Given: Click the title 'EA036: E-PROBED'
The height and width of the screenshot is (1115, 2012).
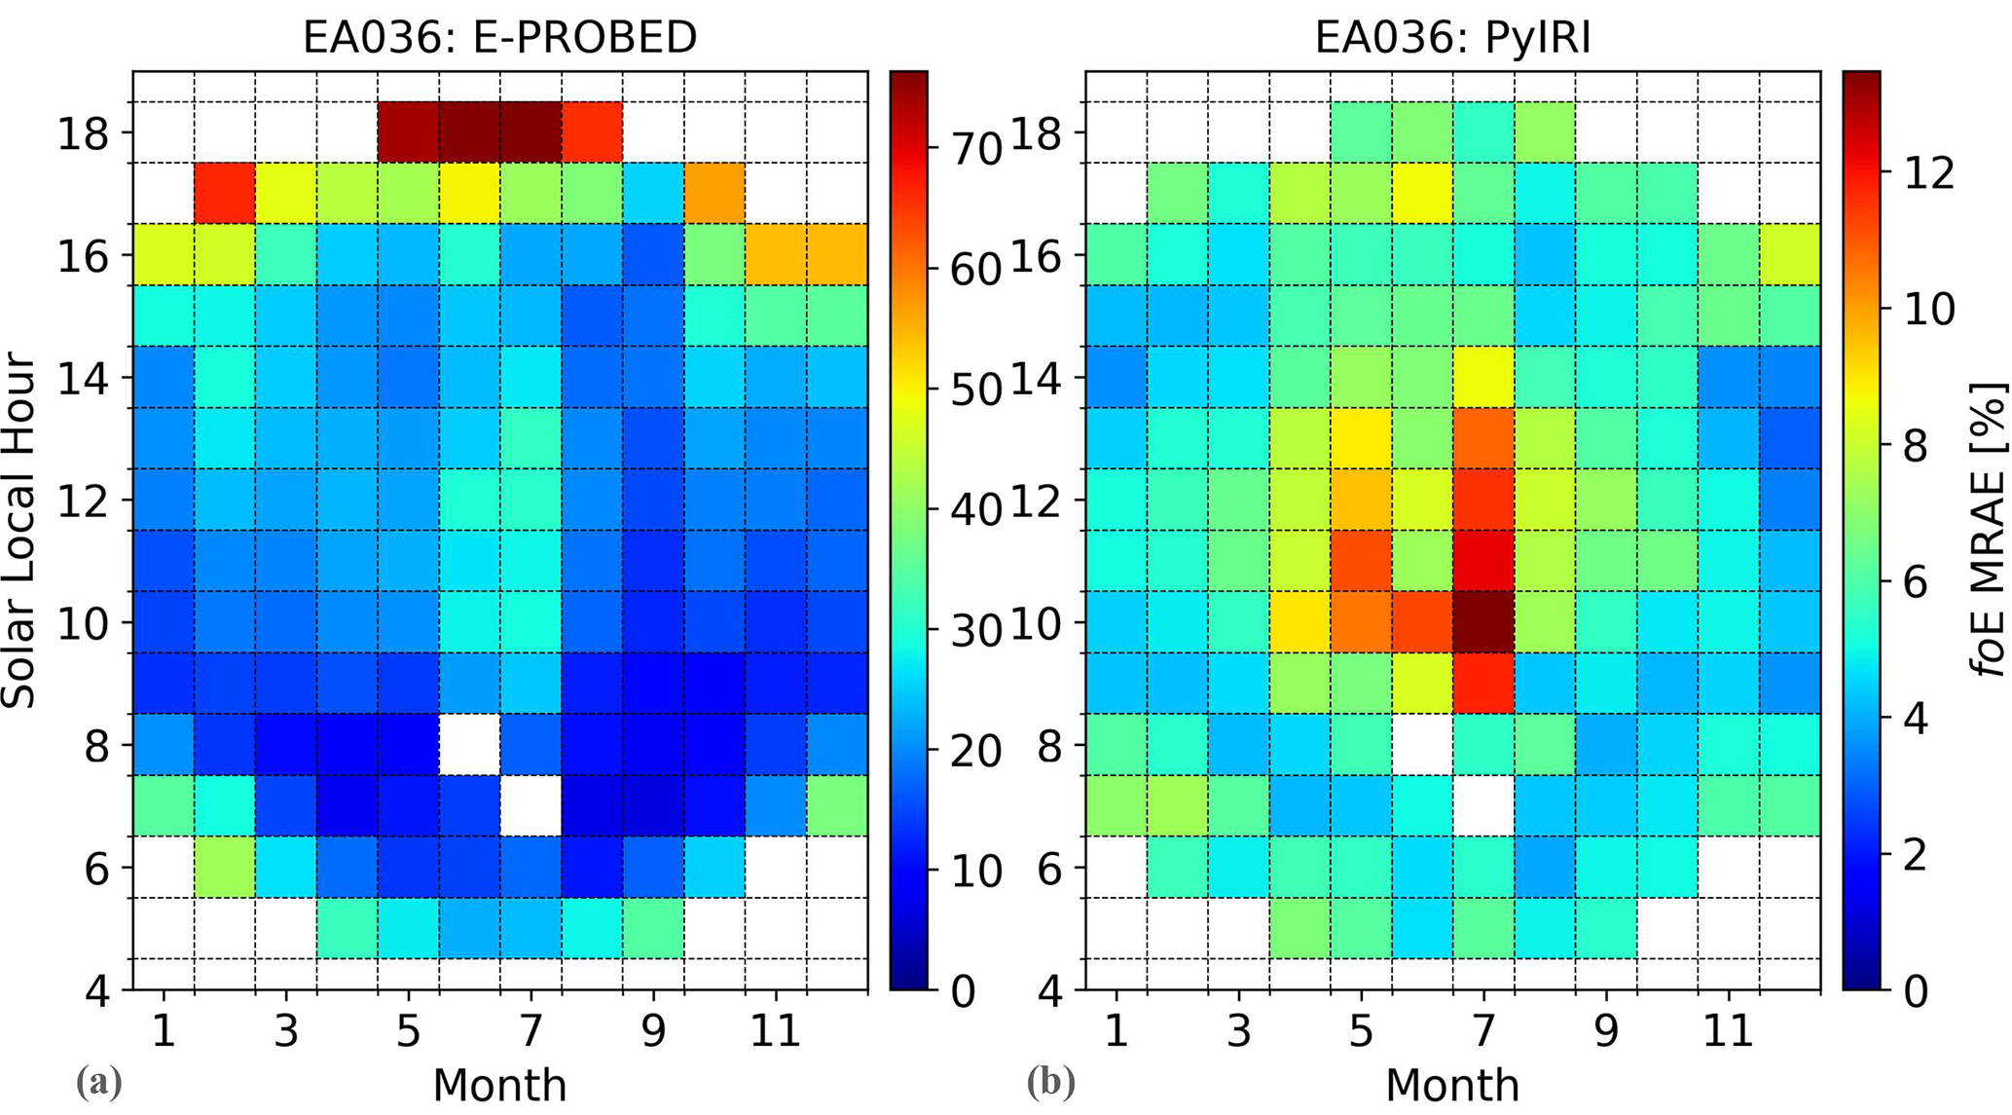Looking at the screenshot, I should pos(499,37).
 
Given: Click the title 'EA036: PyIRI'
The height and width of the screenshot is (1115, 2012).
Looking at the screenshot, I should pos(1452,37).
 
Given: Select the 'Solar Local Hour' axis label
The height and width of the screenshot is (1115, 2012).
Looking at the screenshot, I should pos(19,531).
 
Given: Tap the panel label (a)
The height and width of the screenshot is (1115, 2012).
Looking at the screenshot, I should pos(98,1082).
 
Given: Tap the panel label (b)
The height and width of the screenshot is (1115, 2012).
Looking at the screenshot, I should pos(1050,1082).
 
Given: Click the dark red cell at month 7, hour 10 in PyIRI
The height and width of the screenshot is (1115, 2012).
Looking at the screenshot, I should pos(1483,621).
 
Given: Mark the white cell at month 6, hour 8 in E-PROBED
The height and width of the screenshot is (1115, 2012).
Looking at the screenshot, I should pos(469,744).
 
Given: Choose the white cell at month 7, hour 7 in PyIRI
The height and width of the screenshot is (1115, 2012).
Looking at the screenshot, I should pos(1483,805).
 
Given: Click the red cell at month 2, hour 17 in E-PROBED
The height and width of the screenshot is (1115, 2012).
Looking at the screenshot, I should pos(224,193).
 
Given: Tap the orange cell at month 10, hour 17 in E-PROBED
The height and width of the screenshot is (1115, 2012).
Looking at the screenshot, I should pos(714,193).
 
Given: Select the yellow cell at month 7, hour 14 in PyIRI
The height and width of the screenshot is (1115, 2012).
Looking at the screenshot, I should pos(1483,376).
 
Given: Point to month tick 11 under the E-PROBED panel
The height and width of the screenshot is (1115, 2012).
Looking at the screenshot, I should pos(775,1029).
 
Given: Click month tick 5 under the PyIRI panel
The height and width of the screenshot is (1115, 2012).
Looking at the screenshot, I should pos(1361,1029).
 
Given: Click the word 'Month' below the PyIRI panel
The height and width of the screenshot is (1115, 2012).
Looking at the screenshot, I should pos(1451,1085).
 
